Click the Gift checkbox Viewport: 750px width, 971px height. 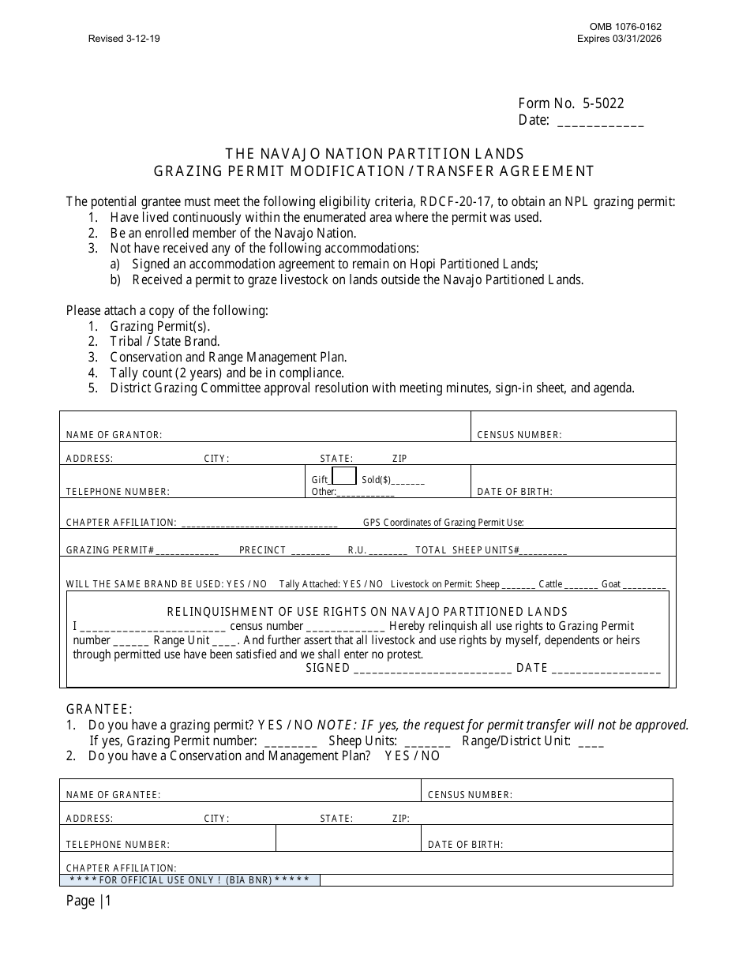(343, 476)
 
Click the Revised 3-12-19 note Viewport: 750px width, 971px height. (124, 38)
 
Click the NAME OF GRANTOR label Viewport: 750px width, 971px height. (114, 435)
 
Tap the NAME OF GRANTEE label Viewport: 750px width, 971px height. (113, 795)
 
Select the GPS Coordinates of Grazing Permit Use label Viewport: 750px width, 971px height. (443, 523)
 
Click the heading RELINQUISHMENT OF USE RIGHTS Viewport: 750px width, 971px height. (367, 612)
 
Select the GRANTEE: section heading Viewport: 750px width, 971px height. (99, 709)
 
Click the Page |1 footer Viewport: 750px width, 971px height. (89, 901)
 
